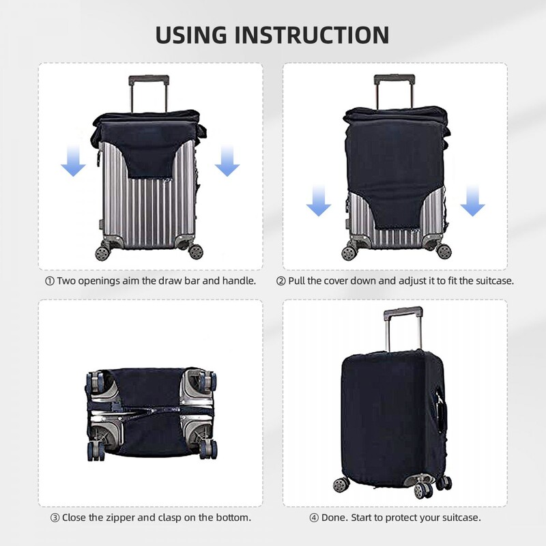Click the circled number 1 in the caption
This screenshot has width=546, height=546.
[49, 281]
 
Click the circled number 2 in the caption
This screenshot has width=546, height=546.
[281, 281]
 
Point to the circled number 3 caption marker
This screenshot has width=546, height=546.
[54, 517]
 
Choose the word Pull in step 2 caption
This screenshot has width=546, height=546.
[298, 281]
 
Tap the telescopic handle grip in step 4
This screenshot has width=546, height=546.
[403, 313]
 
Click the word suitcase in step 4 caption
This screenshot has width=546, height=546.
[461, 517]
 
